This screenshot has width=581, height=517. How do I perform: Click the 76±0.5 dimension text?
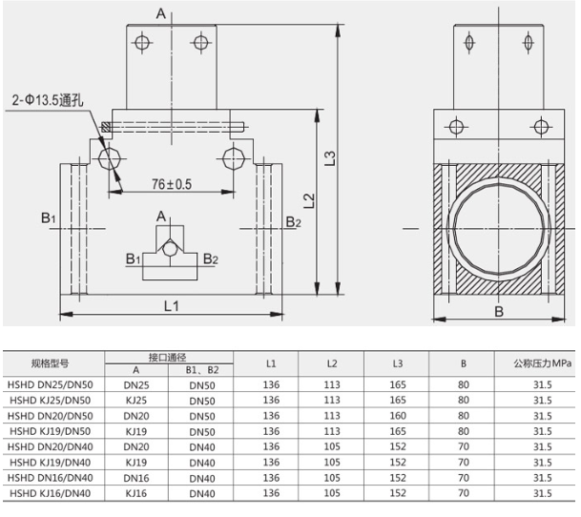pyautogui.click(x=172, y=183)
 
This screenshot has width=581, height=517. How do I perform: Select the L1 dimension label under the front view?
pyautogui.click(x=171, y=305)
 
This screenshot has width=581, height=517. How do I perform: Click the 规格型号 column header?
pyautogui.click(x=52, y=363)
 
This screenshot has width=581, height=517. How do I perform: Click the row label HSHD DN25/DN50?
pyautogui.click(x=52, y=386)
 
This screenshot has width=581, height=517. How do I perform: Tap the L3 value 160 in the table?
pyautogui.click(x=396, y=416)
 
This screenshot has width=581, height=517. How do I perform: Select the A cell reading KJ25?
pyautogui.click(x=135, y=401)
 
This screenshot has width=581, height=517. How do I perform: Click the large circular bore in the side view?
pyautogui.click(x=497, y=228)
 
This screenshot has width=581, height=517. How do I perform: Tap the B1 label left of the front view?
pyautogui.click(x=50, y=219)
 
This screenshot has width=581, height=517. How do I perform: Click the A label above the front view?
pyautogui.click(x=160, y=12)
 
